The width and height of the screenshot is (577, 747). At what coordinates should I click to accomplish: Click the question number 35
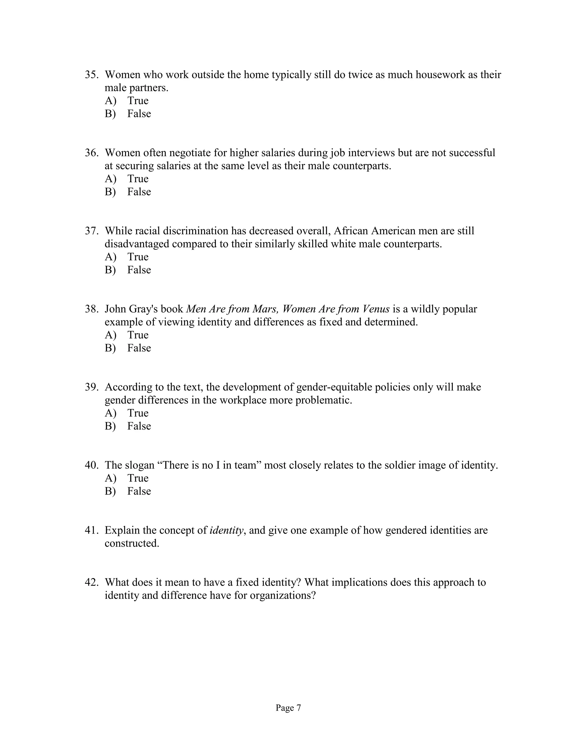coord(91,75)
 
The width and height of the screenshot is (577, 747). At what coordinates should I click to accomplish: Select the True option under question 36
coord(138,178)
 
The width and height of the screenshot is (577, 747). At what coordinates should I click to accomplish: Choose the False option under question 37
coord(139,270)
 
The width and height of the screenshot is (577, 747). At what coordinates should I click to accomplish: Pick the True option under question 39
coord(138,413)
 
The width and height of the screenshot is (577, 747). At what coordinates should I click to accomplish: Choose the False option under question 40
coord(139,491)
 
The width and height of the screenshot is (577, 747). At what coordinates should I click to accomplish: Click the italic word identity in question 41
coord(226,530)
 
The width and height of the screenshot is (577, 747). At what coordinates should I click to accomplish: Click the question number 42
coord(91,582)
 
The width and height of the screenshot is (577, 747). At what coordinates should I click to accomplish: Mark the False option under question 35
coord(139,114)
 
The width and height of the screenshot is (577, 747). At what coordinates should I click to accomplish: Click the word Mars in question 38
coord(265,309)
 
